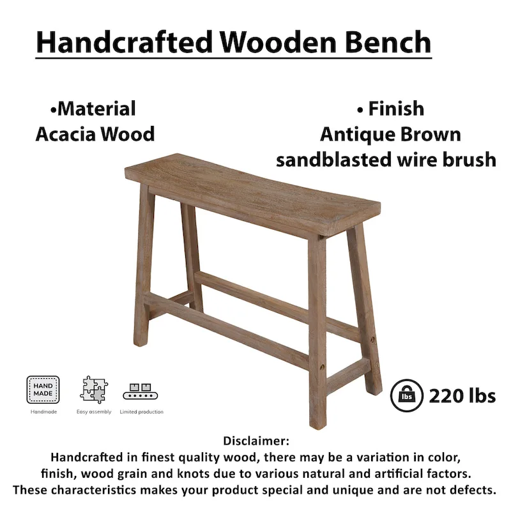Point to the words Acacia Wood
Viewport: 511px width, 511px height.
click(x=95, y=134)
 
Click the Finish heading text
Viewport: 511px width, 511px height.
click(x=390, y=109)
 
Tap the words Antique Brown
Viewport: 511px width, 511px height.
click(x=390, y=134)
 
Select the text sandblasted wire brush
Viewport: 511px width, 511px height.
click(x=386, y=160)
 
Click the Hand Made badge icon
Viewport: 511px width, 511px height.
click(x=43, y=390)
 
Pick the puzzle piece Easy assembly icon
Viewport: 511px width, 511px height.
click(x=94, y=390)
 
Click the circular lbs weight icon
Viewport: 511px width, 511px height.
click(x=405, y=395)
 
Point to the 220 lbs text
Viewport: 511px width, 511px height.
click(x=462, y=396)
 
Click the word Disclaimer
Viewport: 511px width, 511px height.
click(x=256, y=441)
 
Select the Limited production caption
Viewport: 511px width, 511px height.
click(x=142, y=412)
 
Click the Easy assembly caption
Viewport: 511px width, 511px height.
click(x=94, y=412)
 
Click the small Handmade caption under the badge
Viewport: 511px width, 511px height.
click(x=43, y=412)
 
